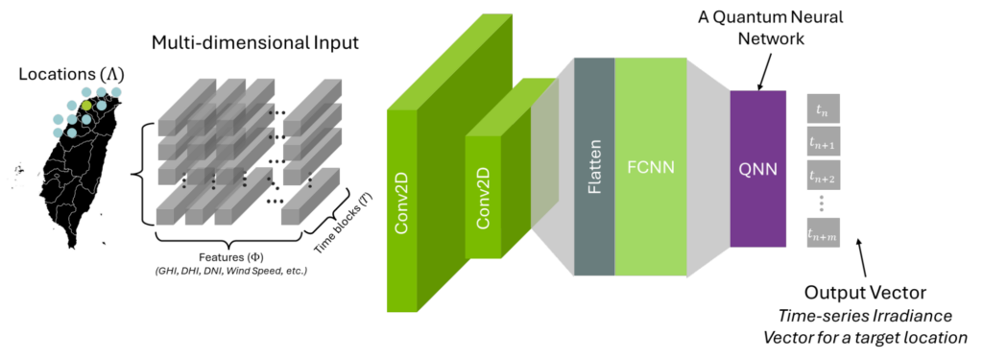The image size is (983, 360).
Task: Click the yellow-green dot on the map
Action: (x=86, y=104)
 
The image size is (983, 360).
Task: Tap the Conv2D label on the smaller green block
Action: (x=483, y=198)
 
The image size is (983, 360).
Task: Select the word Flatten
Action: (x=594, y=168)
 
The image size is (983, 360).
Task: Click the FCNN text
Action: (x=650, y=167)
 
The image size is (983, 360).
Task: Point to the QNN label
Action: (x=757, y=169)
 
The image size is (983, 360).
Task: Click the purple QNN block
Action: (x=757, y=202)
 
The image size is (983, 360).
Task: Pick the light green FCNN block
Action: (x=650, y=221)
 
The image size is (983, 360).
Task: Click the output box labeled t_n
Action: (x=823, y=109)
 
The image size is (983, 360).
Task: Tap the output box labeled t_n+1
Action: (x=823, y=143)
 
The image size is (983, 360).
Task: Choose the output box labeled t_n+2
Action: (x=823, y=177)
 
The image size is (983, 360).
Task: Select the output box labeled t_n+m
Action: (x=823, y=232)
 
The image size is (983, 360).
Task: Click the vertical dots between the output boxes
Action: (x=823, y=204)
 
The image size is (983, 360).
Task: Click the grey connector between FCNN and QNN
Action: (x=707, y=168)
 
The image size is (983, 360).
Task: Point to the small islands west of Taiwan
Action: (x=18, y=174)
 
